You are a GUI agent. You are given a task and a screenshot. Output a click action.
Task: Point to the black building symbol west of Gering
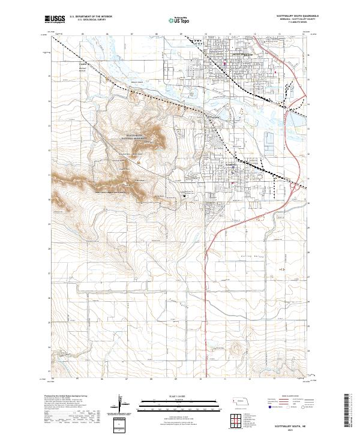coord(185,195)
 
